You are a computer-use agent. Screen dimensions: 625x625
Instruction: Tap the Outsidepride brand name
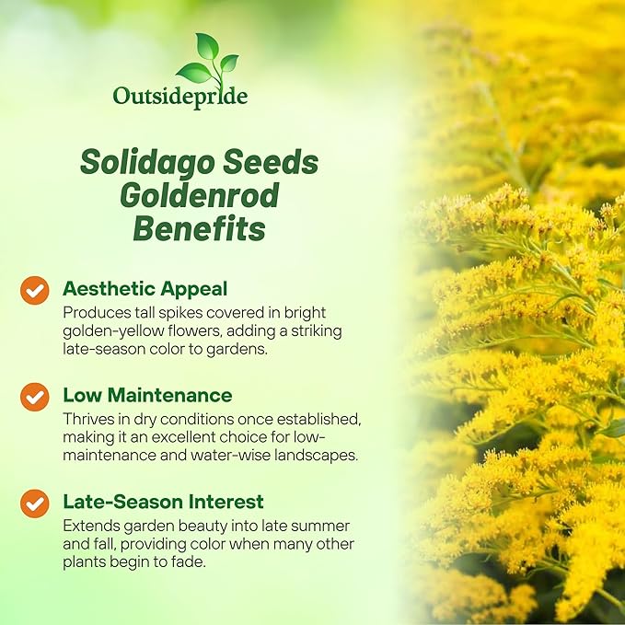(180, 96)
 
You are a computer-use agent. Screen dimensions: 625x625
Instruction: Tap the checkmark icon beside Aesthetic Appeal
(34, 291)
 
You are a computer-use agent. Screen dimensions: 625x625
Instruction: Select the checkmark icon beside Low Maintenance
(34, 397)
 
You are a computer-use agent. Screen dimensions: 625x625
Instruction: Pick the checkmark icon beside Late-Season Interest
(34, 503)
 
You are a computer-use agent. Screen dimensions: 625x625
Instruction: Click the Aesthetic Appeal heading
(145, 288)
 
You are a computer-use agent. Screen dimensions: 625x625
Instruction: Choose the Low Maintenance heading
(146, 395)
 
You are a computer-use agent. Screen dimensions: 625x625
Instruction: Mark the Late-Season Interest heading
(163, 502)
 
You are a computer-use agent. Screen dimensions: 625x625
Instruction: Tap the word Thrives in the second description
(88, 419)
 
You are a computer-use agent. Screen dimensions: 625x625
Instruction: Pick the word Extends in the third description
(91, 526)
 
